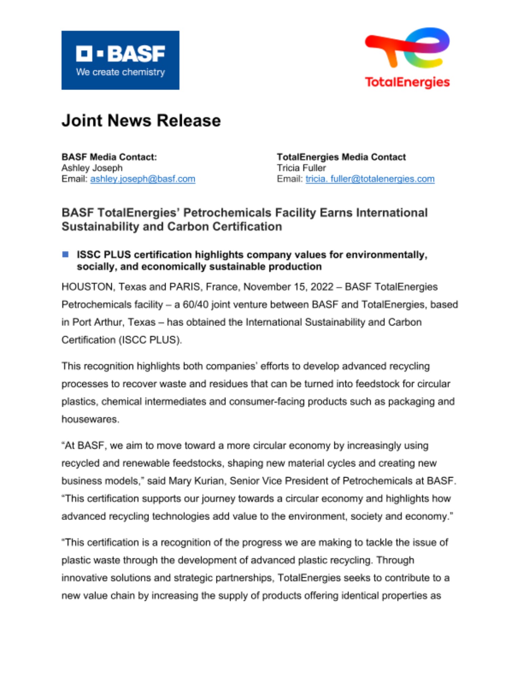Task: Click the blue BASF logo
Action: click(x=120, y=60)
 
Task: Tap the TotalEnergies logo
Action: click(x=407, y=58)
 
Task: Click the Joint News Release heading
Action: click(x=141, y=121)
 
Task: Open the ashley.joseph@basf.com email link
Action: click(x=143, y=179)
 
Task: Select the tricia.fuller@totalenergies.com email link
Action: click(x=370, y=179)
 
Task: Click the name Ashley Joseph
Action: click(x=92, y=168)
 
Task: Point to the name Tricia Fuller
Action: click(x=301, y=168)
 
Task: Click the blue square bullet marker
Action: click(x=65, y=254)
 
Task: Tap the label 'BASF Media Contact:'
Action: click(x=109, y=157)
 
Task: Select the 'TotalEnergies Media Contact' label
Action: click(x=341, y=157)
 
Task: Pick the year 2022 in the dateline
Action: click(x=322, y=287)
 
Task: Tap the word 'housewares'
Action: click(x=90, y=419)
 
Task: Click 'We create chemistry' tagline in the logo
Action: click(x=120, y=72)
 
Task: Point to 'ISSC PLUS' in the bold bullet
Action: click(x=104, y=255)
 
